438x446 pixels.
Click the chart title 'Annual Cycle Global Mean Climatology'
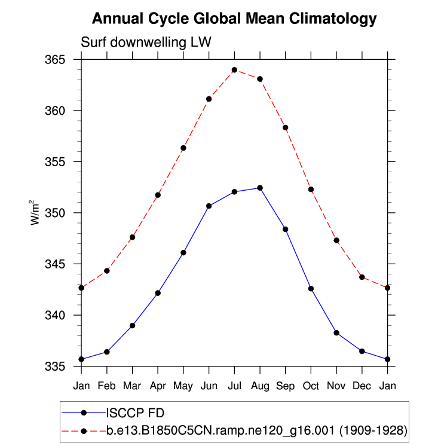click(234, 19)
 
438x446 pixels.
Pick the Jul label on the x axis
click(234, 385)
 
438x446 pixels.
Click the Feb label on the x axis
click(106, 385)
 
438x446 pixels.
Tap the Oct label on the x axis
click(311, 385)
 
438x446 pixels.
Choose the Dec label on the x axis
click(362, 385)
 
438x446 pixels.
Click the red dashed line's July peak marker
click(234, 70)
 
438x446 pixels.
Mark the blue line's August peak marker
click(260, 188)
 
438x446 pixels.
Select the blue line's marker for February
click(106, 352)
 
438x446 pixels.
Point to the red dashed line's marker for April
click(158, 195)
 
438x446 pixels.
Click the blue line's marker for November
click(336, 332)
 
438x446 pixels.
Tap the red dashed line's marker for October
click(311, 190)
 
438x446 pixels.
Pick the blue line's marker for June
click(209, 206)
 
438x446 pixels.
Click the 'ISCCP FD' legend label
click(135, 413)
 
